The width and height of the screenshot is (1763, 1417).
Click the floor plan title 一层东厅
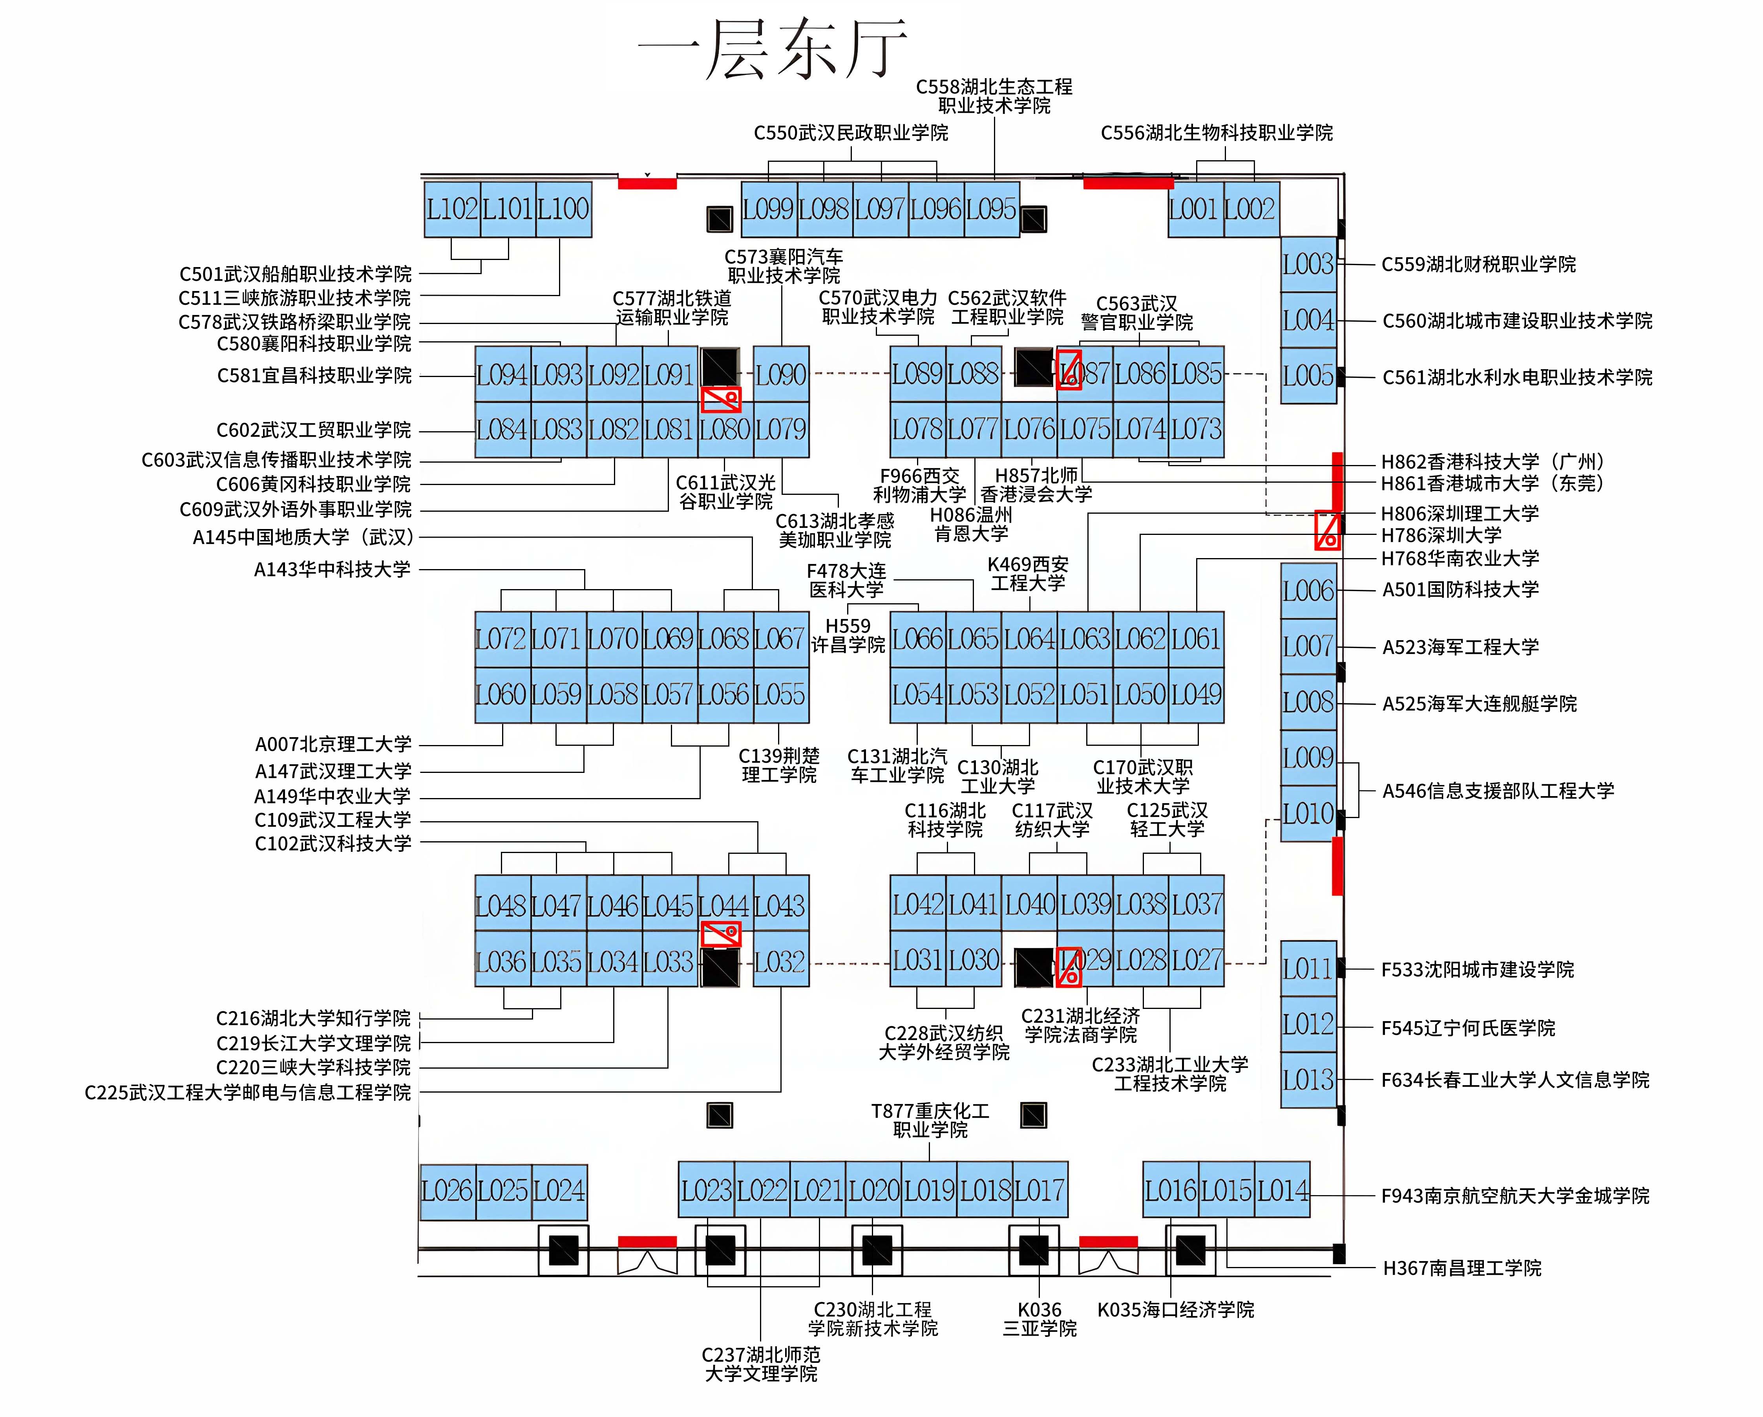[773, 49]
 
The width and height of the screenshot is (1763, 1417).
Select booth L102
[452, 209]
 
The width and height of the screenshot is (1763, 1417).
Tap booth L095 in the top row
[992, 209]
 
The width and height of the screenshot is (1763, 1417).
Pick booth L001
[1195, 209]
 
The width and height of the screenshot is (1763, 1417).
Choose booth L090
[781, 375]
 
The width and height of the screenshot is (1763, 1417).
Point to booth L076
[1030, 430]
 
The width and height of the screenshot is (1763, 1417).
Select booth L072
[502, 639]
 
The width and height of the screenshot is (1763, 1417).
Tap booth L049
[1196, 695]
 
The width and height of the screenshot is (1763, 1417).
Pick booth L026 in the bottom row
[447, 1191]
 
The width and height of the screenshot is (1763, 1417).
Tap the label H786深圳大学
[1441, 535]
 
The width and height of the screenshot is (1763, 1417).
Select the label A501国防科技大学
[1460, 589]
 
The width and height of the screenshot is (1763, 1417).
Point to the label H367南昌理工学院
[1462, 1268]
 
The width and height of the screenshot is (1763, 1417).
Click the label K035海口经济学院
[1176, 1310]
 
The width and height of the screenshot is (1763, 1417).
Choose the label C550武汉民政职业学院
[851, 132]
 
